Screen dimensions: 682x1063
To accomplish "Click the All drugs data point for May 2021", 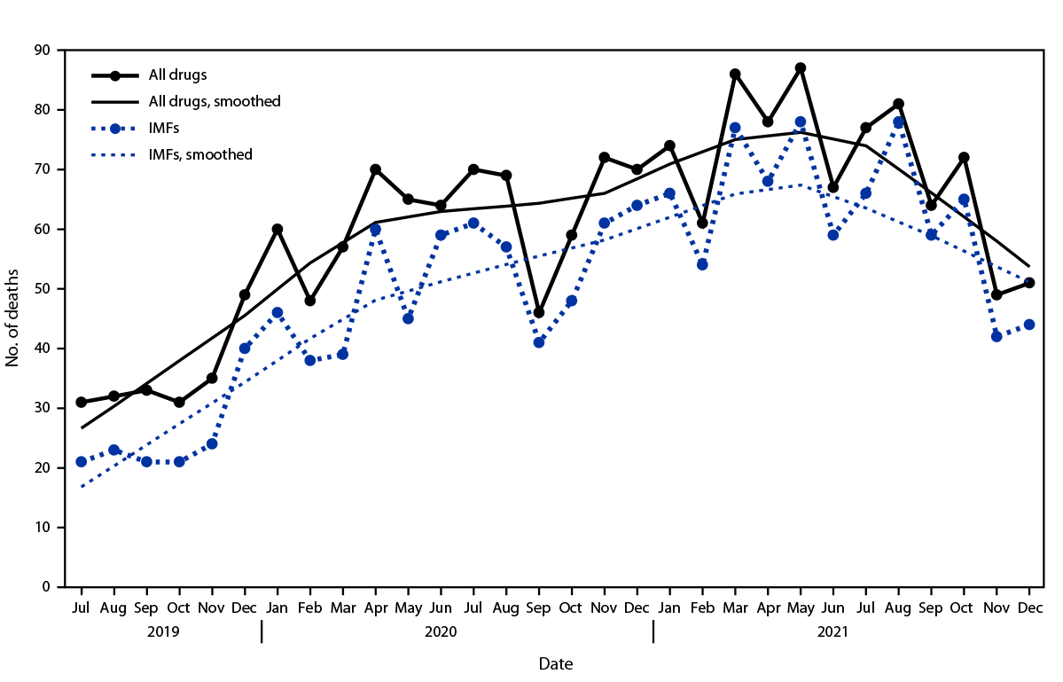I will click(x=801, y=68).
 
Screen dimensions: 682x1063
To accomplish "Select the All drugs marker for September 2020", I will click(x=539, y=312).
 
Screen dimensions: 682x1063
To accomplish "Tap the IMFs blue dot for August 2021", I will click(x=898, y=122).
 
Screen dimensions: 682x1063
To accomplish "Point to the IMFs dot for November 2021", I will click(x=997, y=336).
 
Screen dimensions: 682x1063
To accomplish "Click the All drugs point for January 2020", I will click(x=277, y=229).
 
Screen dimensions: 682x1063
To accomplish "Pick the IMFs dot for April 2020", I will click(x=375, y=230).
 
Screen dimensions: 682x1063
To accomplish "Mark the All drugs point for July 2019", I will click(x=82, y=402).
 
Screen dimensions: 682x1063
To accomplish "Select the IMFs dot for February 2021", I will click(x=702, y=264).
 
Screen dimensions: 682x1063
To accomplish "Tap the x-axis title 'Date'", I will click(x=555, y=662).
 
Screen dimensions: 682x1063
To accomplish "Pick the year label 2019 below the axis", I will click(x=163, y=632).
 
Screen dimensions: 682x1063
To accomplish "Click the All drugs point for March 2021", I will click(x=735, y=74).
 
